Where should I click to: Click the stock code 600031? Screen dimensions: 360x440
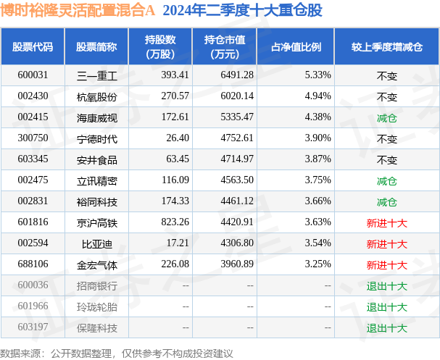(33, 75)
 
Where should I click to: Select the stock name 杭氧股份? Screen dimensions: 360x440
(96, 96)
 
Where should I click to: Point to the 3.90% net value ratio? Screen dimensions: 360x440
(317, 138)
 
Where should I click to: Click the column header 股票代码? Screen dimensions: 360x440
(33, 47)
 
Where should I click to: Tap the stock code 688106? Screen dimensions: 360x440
(33, 265)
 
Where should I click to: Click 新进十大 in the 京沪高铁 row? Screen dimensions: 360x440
(386, 223)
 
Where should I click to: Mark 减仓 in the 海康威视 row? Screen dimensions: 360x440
(386, 117)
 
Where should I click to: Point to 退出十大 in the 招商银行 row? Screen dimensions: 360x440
(386, 286)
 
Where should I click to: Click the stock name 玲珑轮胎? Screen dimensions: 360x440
(96, 307)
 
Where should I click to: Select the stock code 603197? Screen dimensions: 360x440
(33, 328)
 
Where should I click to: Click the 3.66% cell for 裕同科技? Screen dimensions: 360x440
(317, 202)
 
